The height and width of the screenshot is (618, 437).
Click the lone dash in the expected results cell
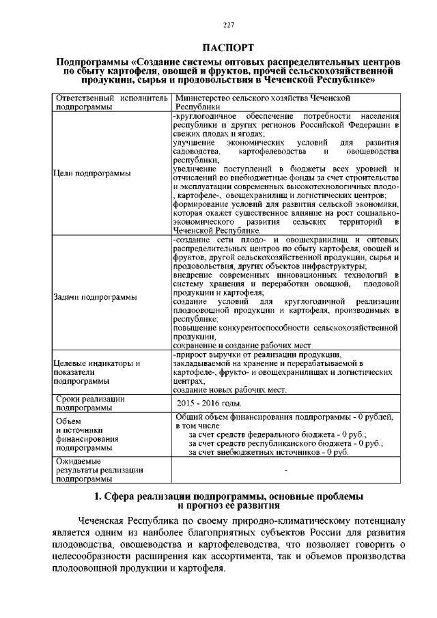click(285, 470)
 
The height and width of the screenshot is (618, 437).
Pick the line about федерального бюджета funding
click(277, 434)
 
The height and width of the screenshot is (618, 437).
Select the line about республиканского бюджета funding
click(285, 443)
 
